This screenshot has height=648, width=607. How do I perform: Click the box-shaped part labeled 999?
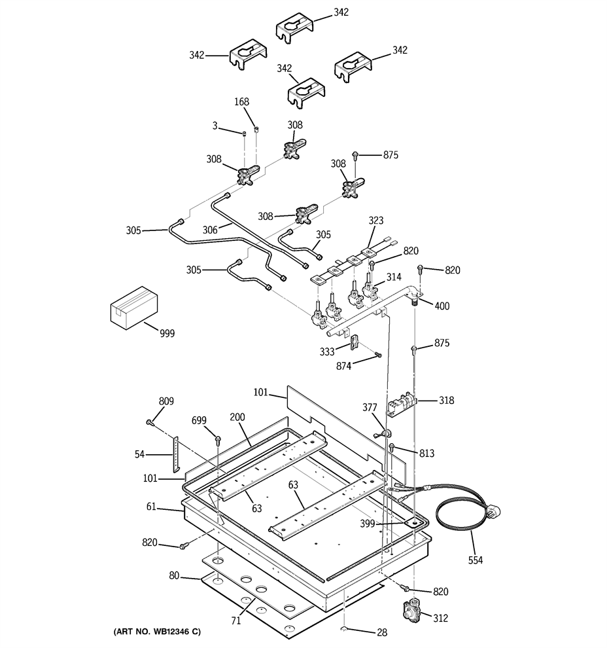point(135,308)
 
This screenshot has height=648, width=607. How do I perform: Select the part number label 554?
point(476,560)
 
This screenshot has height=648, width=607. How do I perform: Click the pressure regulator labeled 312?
point(413,610)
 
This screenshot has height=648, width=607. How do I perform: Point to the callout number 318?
point(446,400)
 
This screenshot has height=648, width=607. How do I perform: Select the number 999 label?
point(167,333)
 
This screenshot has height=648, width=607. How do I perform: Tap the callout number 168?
point(241,101)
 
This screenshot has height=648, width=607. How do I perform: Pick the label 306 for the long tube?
point(210,230)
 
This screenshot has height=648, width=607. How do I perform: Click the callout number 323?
point(375,221)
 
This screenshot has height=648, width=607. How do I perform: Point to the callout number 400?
point(442,306)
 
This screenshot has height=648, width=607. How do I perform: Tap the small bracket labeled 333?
point(354,342)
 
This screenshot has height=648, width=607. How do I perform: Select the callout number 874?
point(343,366)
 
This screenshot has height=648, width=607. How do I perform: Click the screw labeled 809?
point(150,422)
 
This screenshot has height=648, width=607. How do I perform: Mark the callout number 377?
point(370,408)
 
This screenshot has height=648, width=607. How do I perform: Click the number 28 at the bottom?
point(382,632)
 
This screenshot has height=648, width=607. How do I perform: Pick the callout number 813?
point(426,454)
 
